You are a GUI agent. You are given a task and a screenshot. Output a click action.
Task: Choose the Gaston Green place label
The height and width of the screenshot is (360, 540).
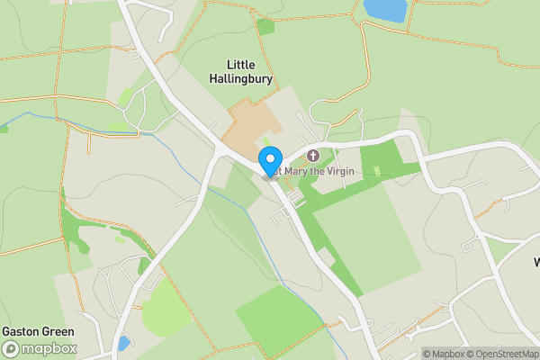pos(38,331)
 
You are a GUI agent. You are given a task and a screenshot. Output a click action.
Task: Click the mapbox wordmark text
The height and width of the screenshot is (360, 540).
pos(49,349)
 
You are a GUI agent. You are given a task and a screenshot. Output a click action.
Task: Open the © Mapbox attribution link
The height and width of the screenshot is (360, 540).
pos(443,354)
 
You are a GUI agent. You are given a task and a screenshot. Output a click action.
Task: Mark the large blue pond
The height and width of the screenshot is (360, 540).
pos(384,10)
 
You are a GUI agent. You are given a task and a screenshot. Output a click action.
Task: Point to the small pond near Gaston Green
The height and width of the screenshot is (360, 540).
pos(122,343)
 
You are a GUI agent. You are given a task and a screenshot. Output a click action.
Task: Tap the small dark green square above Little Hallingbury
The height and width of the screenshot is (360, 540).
pos(265,27)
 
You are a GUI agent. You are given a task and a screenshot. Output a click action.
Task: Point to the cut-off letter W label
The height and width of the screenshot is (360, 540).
pos(535,263)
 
